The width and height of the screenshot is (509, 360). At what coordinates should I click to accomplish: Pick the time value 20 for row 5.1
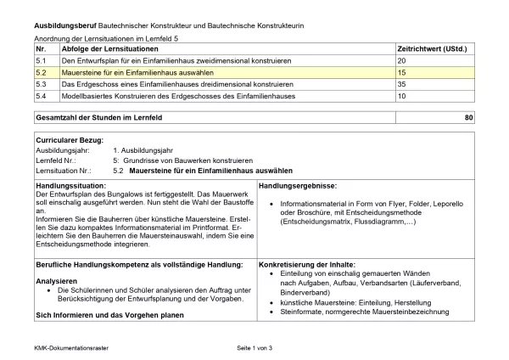[402, 62]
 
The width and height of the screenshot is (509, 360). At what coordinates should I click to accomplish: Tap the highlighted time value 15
[402, 74]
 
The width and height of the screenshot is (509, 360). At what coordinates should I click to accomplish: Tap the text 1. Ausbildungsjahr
[144, 149]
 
